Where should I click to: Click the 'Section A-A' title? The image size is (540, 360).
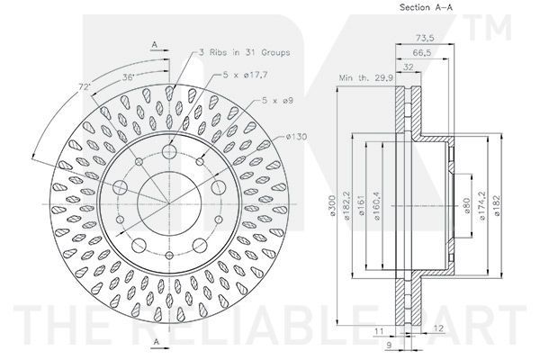(x=426, y=7)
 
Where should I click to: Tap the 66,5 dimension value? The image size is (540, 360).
(x=422, y=52)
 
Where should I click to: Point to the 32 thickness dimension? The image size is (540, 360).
(x=408, y=67)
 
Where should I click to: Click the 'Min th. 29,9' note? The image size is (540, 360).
(x=366, y=78)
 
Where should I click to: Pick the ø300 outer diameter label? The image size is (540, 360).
(x=332, y=206)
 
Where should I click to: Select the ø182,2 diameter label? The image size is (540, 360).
(x=346, y=206)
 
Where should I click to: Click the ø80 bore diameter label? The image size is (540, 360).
(x=467, y=205)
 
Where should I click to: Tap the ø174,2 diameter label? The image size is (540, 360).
(x=482, y=206)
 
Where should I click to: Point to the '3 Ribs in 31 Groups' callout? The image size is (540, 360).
(x=245, y=52)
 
